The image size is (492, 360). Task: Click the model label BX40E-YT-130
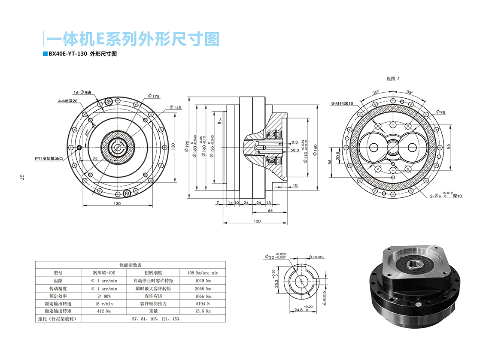pos(68,54)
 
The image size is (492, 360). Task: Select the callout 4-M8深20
pos(68,101)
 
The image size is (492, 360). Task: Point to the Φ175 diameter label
pos(153,96)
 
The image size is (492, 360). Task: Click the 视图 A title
pos(393,79)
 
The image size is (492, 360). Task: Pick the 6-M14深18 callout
pos(342,103)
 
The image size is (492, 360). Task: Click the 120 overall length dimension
pos(256,221)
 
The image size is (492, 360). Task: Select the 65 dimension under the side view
pos(270,211)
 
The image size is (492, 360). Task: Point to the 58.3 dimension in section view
pos(295,150)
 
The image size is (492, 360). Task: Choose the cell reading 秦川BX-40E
pos(104,272)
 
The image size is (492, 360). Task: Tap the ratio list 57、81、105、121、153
pos(155,319)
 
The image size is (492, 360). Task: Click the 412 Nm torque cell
pos(104,311)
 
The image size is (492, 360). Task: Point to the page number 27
pos(21,177)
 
